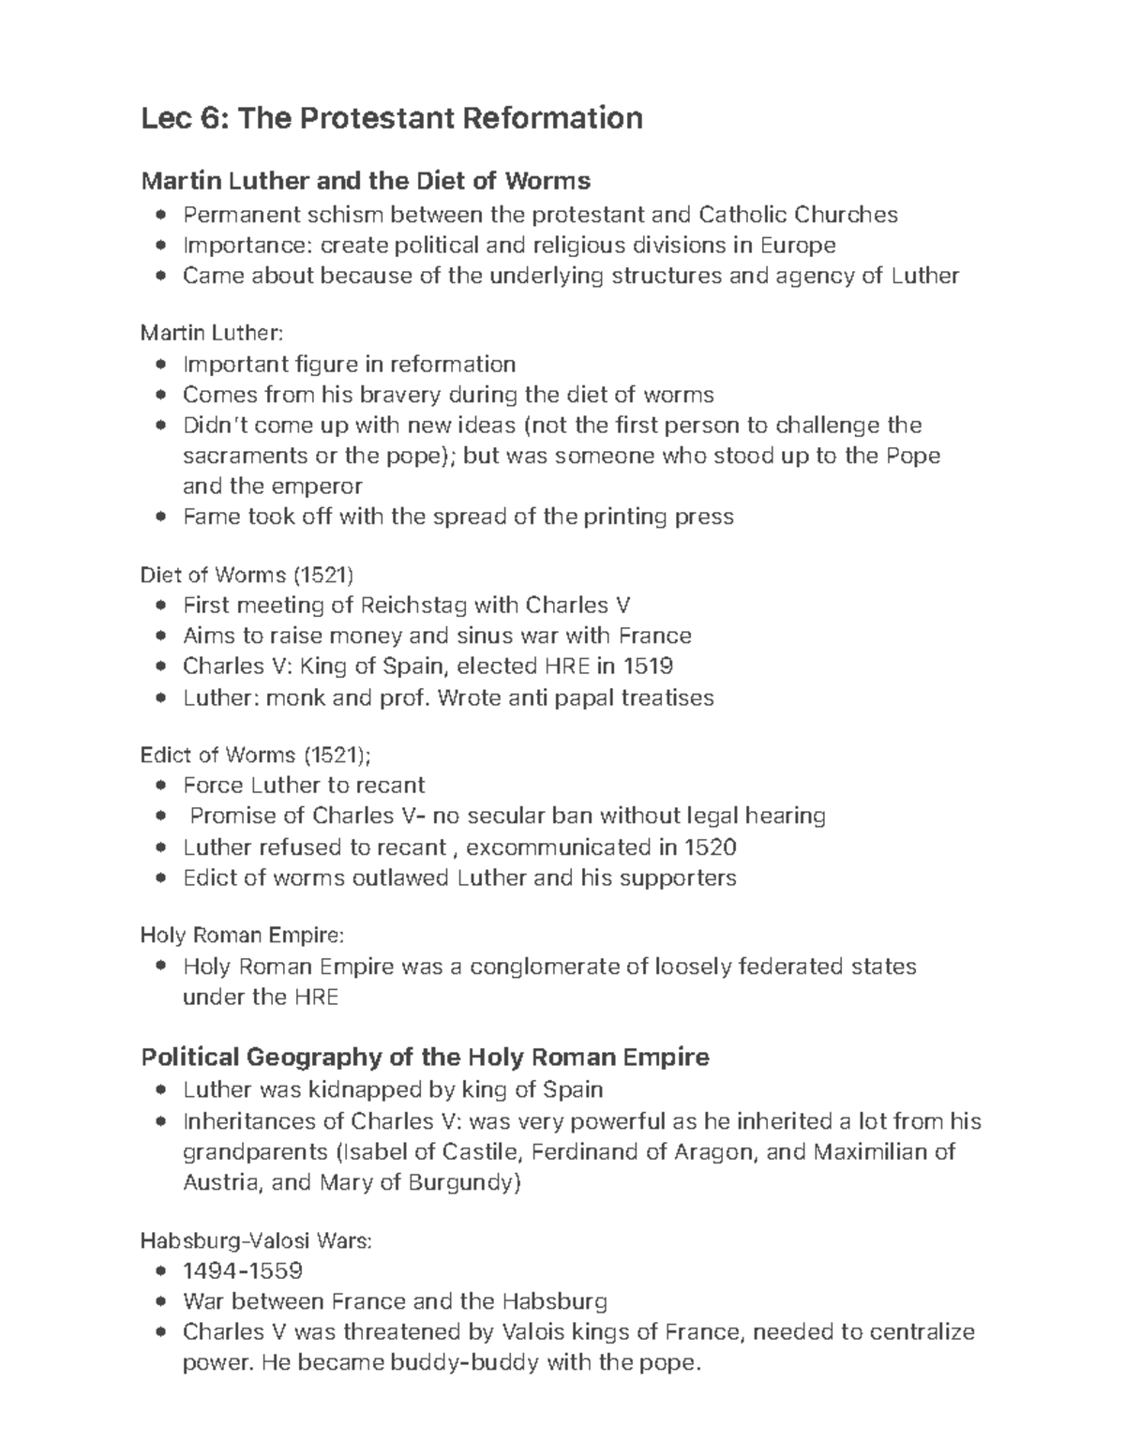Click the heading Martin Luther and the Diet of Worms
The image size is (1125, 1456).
coord(365,180)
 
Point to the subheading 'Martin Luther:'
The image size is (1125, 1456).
coord(210,333)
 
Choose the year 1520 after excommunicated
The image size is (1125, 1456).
coord(710,848)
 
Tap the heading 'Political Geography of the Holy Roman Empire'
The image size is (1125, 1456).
coord(425,1058)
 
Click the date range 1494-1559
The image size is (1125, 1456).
coord(242,1271)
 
